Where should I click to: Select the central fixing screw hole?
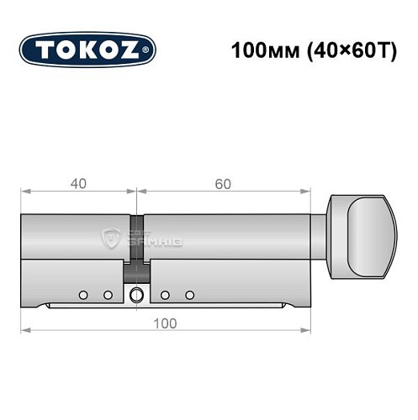[137, 294]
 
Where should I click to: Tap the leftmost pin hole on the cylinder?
[83, 294]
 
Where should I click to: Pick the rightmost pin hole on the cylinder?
[190, 294]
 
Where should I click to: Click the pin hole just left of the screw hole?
[108, 294]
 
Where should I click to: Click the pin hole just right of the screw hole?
[165, 294]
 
